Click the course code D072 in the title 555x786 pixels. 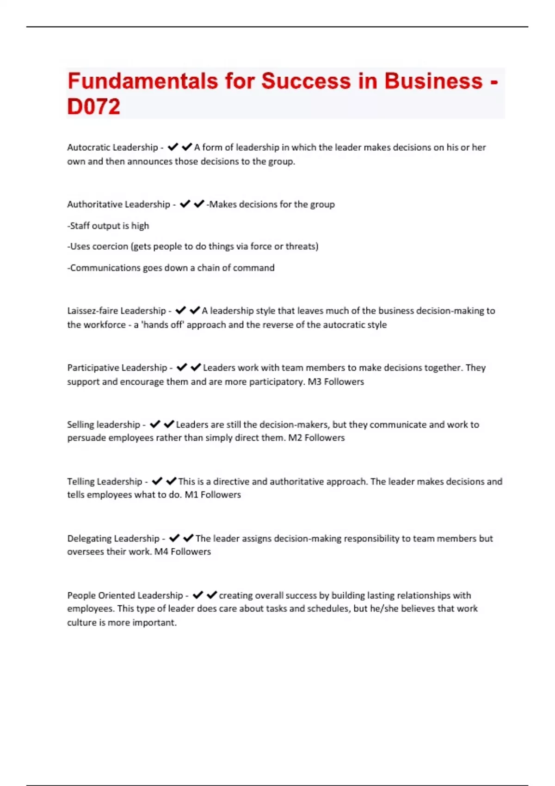click(x=94, y=107)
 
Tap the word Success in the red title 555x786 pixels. click(x=306, y=81)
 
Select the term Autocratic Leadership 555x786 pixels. click(x=112, y=147)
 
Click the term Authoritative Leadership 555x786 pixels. click(x=118, y=204)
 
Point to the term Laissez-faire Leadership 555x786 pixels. click(x=117, y=311)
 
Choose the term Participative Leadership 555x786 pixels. click(x=117, y=368)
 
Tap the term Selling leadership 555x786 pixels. click(x=104, y=424)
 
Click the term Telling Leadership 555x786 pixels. click(x=105, y=481)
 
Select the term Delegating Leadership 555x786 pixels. click(x=113, y=538)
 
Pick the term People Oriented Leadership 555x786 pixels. click(x=125, y=595)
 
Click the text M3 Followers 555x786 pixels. click(x=336, y=381)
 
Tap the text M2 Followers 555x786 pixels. click(x=316, y=437)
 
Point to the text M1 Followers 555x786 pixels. click(x=213, y=494)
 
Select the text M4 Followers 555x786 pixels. click(x=182, y=551)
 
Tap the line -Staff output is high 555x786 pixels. click(x=108, y=226)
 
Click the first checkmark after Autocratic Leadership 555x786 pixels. click(x=173, y=147)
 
